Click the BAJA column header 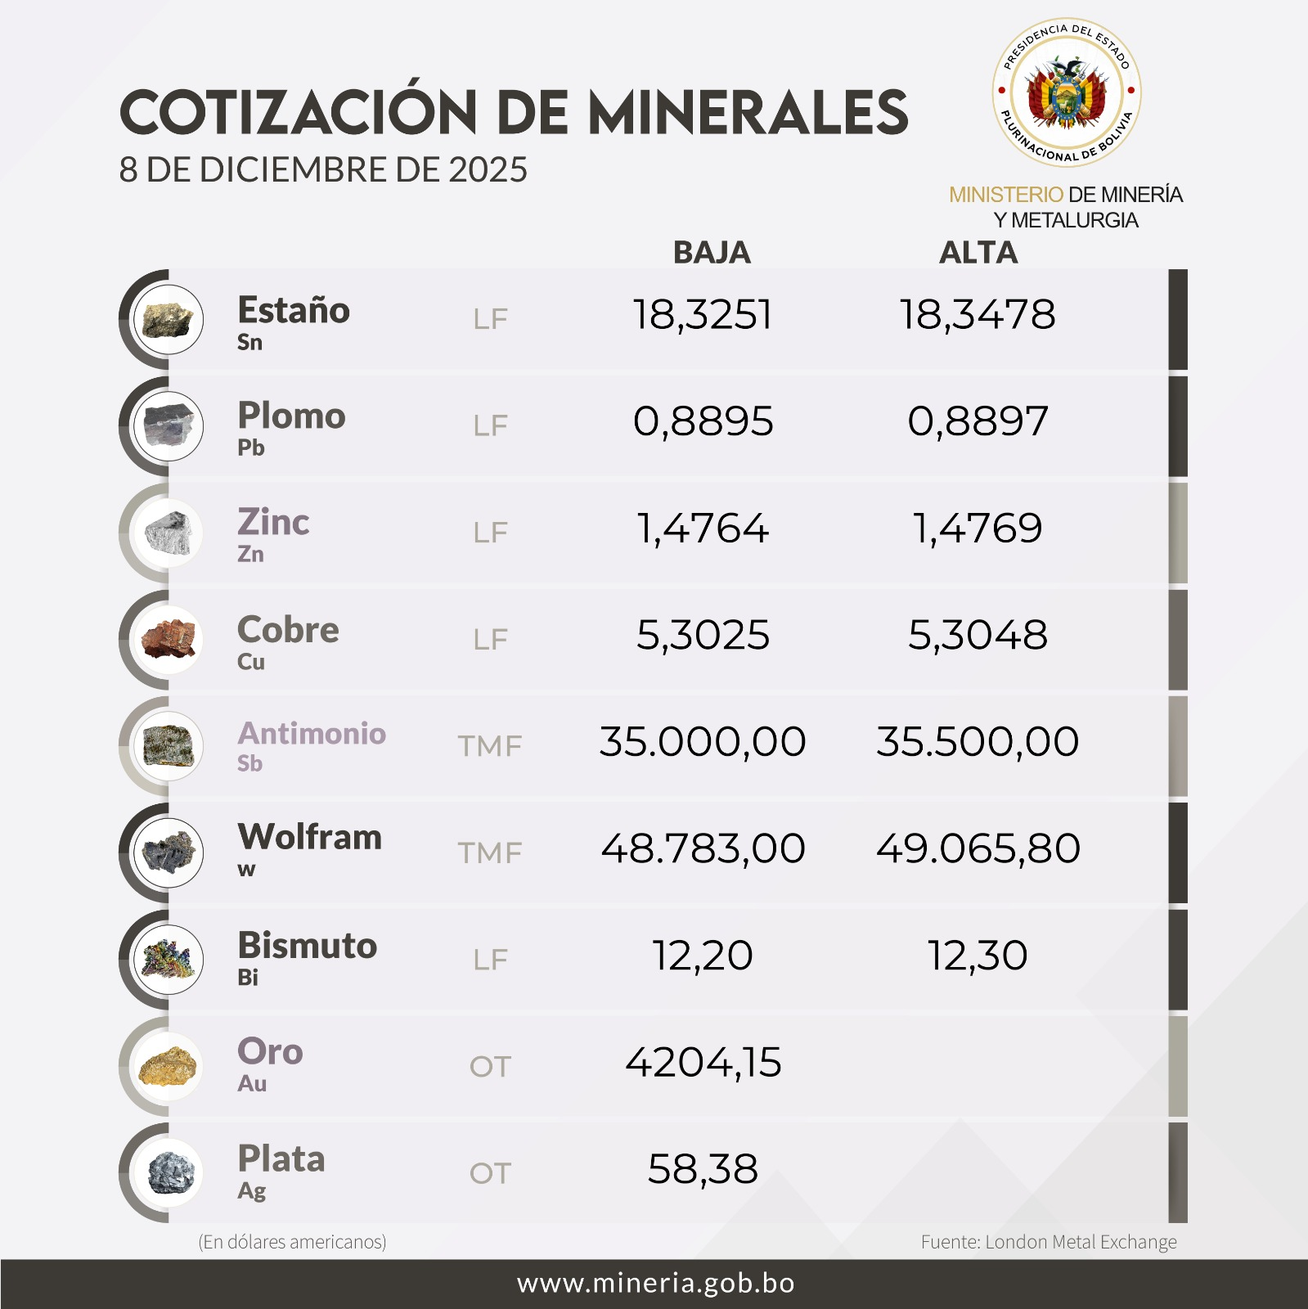click(711, 252)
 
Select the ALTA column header click(978, 252)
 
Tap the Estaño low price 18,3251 click(703, 315)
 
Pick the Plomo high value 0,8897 click(978, 421)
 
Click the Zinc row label click(273, 522)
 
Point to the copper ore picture click(169, 639)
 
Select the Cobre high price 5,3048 click(978, 635)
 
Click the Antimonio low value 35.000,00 click(703, 742)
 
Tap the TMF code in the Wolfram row click(489, 853)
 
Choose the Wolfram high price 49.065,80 click(978, 848)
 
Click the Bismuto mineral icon click(169, 959)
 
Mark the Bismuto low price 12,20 click(703, 956)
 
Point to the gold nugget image click(169, 1066)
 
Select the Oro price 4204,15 click(703, 1062)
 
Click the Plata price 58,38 click(703, 1169)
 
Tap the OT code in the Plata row click(489, 1173)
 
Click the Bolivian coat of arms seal click(1066, 92)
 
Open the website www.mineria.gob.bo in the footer click(655, 1283)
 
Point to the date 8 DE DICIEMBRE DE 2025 click(323, 170)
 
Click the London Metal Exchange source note click(1048, 1242)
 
